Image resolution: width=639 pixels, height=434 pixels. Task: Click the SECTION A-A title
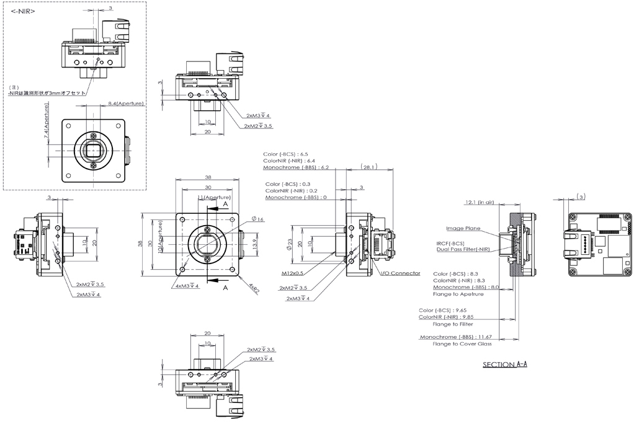(x=504, y=365)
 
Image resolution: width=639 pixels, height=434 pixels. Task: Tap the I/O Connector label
(x=400, y=273)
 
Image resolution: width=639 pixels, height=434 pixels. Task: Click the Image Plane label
(x=462, y=228)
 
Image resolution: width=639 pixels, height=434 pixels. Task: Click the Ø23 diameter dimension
(x=289, y=244)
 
